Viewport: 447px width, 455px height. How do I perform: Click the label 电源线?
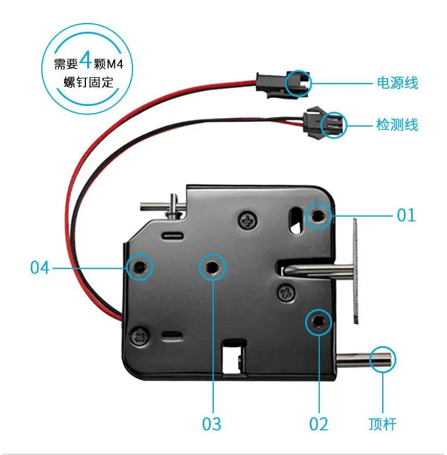click(x=398, y=83)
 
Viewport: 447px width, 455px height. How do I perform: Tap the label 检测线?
click(x=397, y=125)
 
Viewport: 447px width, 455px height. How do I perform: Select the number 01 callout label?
click(x=406, y=215)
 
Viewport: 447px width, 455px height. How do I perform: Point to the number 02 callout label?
click(x=319, y=423)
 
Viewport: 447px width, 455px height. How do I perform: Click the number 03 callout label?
click(x=211, y=423)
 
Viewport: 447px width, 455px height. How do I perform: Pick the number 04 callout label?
click(x=39, y=268)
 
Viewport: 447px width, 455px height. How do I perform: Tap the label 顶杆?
click(x=382, y=423)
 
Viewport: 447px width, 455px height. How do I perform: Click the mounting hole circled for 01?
click(x=319, y=216)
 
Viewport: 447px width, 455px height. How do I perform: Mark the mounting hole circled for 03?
click(x=212, y=268)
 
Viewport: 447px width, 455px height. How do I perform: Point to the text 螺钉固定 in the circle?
click(x=89, y=82)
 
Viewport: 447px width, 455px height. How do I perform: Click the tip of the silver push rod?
click(x=383, y=359)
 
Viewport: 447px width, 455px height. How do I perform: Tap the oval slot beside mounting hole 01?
click(x=294, y=220)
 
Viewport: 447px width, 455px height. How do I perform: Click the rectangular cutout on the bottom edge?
click(x=233, y=358)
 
